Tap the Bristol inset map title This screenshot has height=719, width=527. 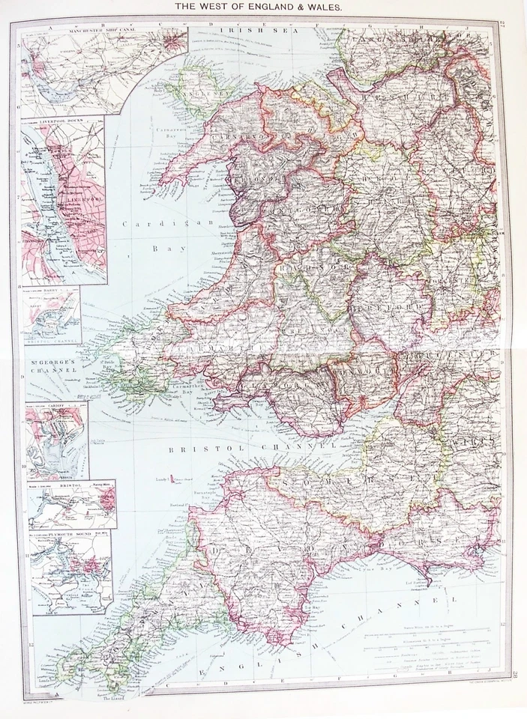point(72,484)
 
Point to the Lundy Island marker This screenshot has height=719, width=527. point(172,477)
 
